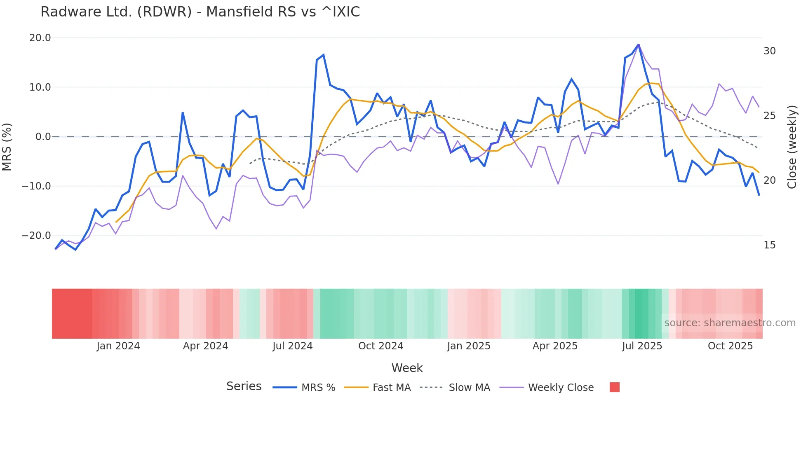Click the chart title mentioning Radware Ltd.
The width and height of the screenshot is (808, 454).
coord(200,12)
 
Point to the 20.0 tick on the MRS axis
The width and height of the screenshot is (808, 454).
coord(40,38)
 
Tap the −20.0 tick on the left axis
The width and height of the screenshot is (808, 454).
coord(36,236)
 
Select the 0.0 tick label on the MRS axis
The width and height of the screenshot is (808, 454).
coord(43,137)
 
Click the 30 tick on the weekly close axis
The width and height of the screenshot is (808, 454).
coord(769,51)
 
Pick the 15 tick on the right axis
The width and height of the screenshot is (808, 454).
coord(769,245)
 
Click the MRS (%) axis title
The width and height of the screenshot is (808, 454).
coord(7,147)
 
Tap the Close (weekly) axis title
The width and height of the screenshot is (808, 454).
coord(792,147)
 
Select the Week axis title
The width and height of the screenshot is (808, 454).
coord(407,368)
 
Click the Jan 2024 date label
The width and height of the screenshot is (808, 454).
coord(118,346)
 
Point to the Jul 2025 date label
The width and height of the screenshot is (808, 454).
coord(642,346)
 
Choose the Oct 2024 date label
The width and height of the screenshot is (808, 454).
coord(381,346)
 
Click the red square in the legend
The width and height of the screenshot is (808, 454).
coord(614,387)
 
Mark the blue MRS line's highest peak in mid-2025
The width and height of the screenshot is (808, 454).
coord(639,44)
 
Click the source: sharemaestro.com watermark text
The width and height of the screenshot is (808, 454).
coord(730,323)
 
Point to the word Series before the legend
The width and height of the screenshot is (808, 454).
coord(244,386)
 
